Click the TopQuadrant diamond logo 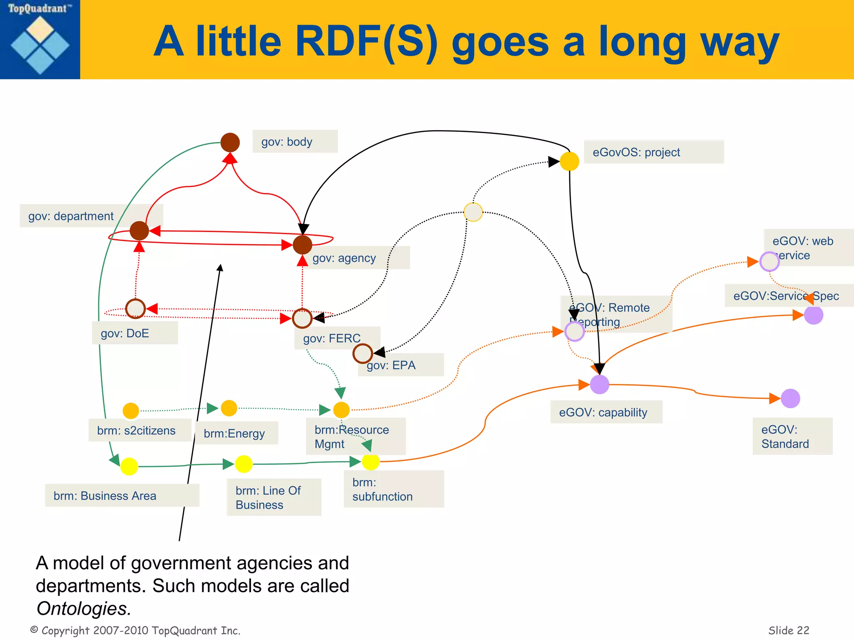pos(40,45)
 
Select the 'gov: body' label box pos(295,141)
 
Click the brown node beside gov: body pos(230,142)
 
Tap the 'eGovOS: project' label pos(653,152)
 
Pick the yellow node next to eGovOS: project pos(570,162)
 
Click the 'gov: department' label pos(71,216)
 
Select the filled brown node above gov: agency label pos(302,245)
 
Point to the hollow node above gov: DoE pos(135,309)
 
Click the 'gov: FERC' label pos(332,338)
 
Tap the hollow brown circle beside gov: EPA pos(362,353)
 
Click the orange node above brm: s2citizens pos(131,411)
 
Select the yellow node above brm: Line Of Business pos(244,464)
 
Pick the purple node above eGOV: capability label pos(600,384)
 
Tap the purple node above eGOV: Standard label pos(790,399)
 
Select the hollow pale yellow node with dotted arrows pos(473,212)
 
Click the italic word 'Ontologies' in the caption pos(83,608)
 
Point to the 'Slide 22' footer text pos(789,630)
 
